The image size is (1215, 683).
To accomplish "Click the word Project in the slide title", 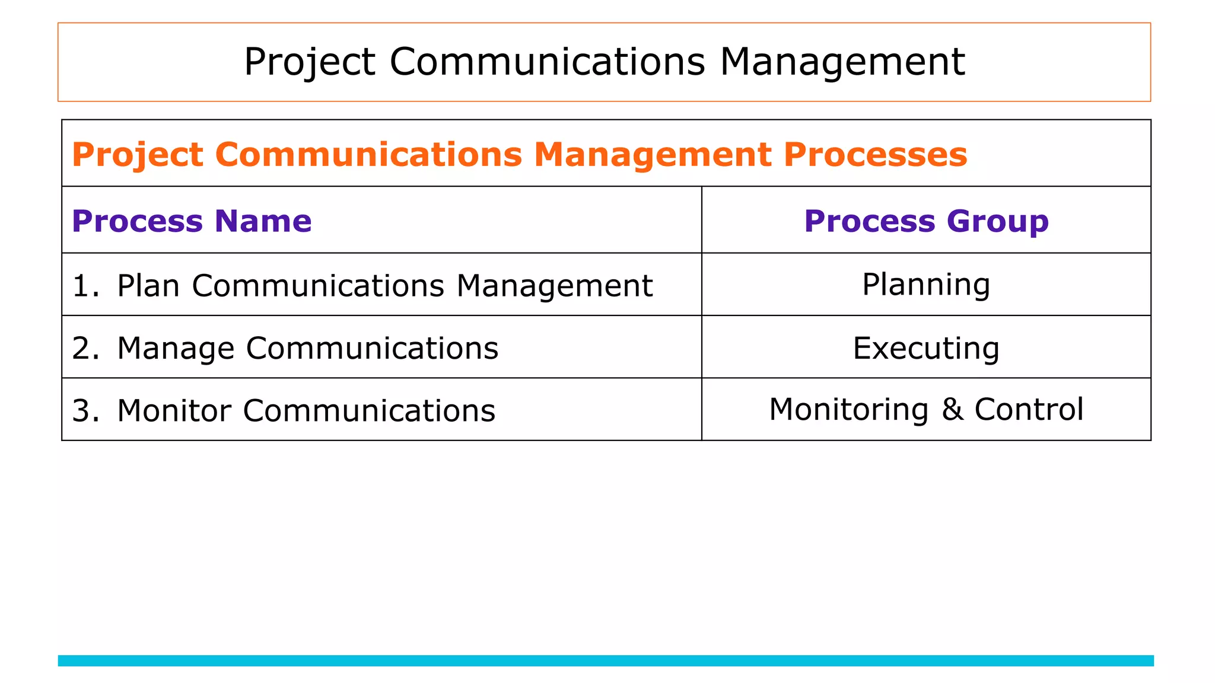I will click(x=309, y=62).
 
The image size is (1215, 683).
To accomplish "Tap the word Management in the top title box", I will click(x=842, y=62).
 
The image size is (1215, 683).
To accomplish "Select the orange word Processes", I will click(x=875, y=155).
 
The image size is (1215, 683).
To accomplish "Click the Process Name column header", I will click(x=192, y=221).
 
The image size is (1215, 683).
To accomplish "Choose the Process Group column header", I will click(x=926, y=221).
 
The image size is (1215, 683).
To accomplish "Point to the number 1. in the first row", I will click(x=85, y=286).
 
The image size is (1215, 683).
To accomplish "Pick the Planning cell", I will click(x=926, y=285).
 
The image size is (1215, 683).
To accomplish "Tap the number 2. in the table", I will click(x=85, y=348).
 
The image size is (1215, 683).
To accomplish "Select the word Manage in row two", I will click(x=176, y=348).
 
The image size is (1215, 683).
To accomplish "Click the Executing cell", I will click(x=926, y=348).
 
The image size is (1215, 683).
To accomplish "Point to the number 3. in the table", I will click(x=85, y=410).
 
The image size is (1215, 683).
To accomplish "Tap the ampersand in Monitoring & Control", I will click(x=952, y=409).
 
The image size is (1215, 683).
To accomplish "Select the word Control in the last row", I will click(x=1029, y=409).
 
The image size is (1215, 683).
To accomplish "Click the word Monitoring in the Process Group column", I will click(x=848, y=409).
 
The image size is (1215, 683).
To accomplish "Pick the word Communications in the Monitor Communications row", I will click(x=369, y=410).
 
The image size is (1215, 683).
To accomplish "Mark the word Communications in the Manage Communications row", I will click(x=372, y=348).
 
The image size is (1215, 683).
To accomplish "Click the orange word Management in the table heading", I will click(x=652, y=155).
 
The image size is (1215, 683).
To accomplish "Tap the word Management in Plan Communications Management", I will click(x=554, y=286).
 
